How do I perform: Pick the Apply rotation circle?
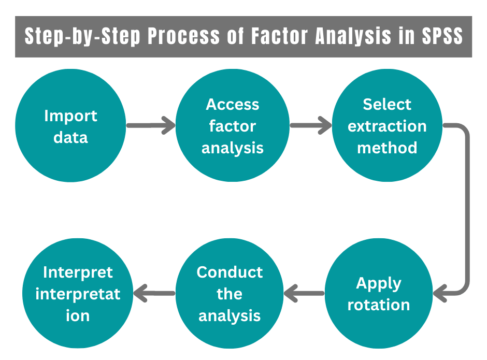[x=379, y=294]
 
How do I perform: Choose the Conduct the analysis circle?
[x=230, y=294]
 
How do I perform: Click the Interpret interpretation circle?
[x=78, y=294]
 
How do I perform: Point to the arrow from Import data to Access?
[x=151, y=125]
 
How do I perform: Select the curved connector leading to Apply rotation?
[x=467, y=207]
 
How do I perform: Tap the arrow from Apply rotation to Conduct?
[x=304, y=294]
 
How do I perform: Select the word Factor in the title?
[x=268, y=37]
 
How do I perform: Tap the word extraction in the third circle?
[x=387, y=126]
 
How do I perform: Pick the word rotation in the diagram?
[x=379, y=305]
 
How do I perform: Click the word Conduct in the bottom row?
[x=230, y=272]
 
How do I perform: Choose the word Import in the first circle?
[x=70, y=116]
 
